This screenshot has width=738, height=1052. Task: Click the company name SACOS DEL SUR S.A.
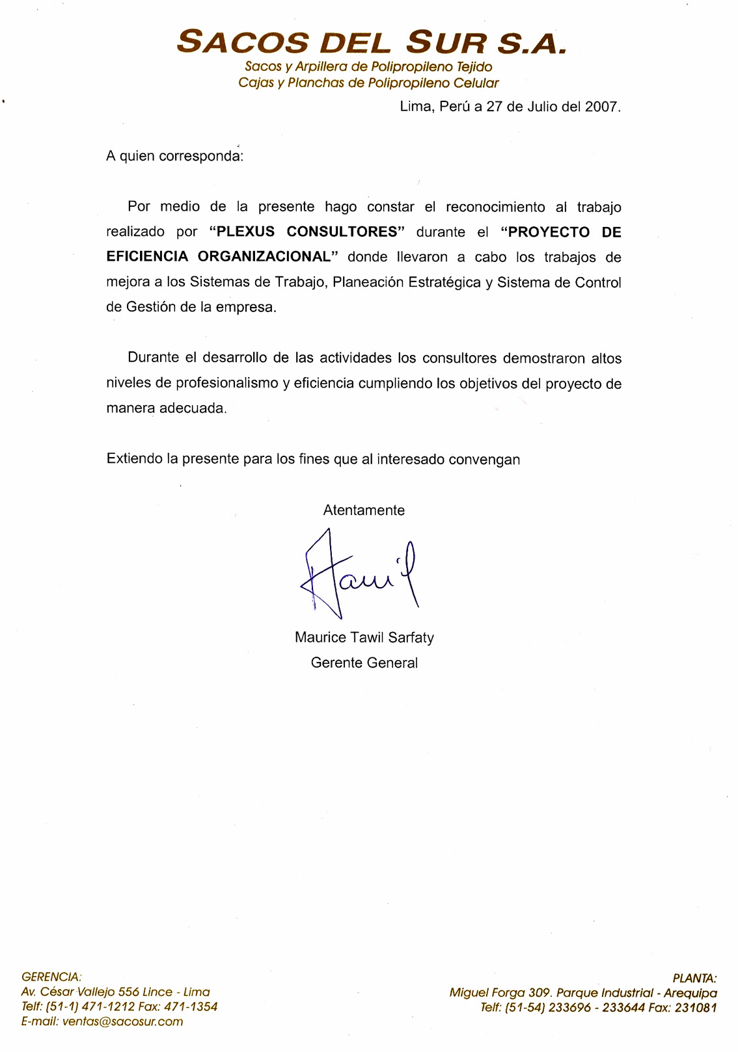[372, 42]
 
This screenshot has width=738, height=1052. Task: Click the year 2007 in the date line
[601, 107]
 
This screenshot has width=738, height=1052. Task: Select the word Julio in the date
[536, 107]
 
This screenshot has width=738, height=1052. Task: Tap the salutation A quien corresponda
[174, 156]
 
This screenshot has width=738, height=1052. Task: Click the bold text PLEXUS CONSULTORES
[307, 232]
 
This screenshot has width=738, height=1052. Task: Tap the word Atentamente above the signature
[364, 510]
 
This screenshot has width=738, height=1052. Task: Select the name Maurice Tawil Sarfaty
[364, 637]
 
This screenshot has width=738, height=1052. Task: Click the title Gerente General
[364, 663]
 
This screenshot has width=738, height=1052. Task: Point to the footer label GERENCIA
[51, 977]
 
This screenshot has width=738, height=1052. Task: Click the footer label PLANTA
[694, 978]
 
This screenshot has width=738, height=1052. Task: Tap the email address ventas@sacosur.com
[122, 1021]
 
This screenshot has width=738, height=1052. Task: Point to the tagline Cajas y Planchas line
[368, 83]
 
